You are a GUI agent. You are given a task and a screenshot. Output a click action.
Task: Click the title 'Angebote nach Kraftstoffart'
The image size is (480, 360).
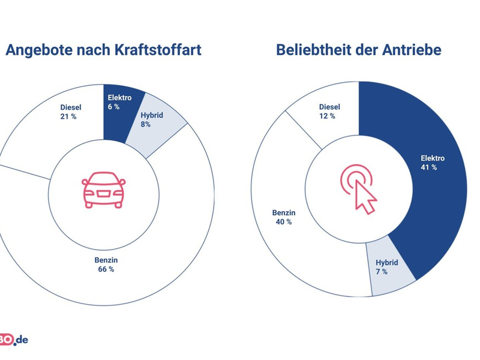103,50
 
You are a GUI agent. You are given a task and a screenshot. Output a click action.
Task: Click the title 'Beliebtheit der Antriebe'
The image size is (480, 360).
358,50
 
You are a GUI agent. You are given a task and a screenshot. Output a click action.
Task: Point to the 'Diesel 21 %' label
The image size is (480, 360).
70,112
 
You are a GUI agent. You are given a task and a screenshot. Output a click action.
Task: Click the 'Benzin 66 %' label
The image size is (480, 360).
106,265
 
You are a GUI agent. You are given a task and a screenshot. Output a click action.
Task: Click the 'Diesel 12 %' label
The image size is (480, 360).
329,111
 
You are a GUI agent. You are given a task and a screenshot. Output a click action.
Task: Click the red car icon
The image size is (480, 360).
104,190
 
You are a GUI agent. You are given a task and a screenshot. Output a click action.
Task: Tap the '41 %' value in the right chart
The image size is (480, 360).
429,167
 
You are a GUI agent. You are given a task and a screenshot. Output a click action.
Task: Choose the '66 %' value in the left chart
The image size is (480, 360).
106,269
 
